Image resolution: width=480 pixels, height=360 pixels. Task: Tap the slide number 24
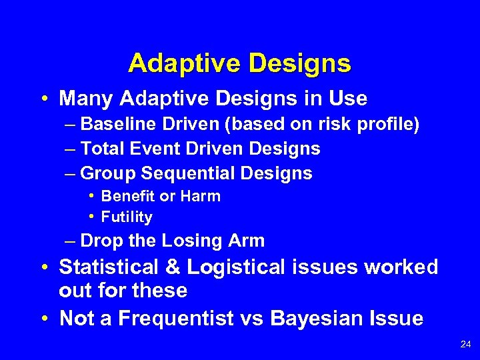point(465,345)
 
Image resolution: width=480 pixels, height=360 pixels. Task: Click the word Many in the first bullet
point(83,99)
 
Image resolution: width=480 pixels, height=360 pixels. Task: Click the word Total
point(103,149)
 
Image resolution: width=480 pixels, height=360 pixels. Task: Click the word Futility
point(127,217)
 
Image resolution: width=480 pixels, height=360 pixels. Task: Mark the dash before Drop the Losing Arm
point(70,241)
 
